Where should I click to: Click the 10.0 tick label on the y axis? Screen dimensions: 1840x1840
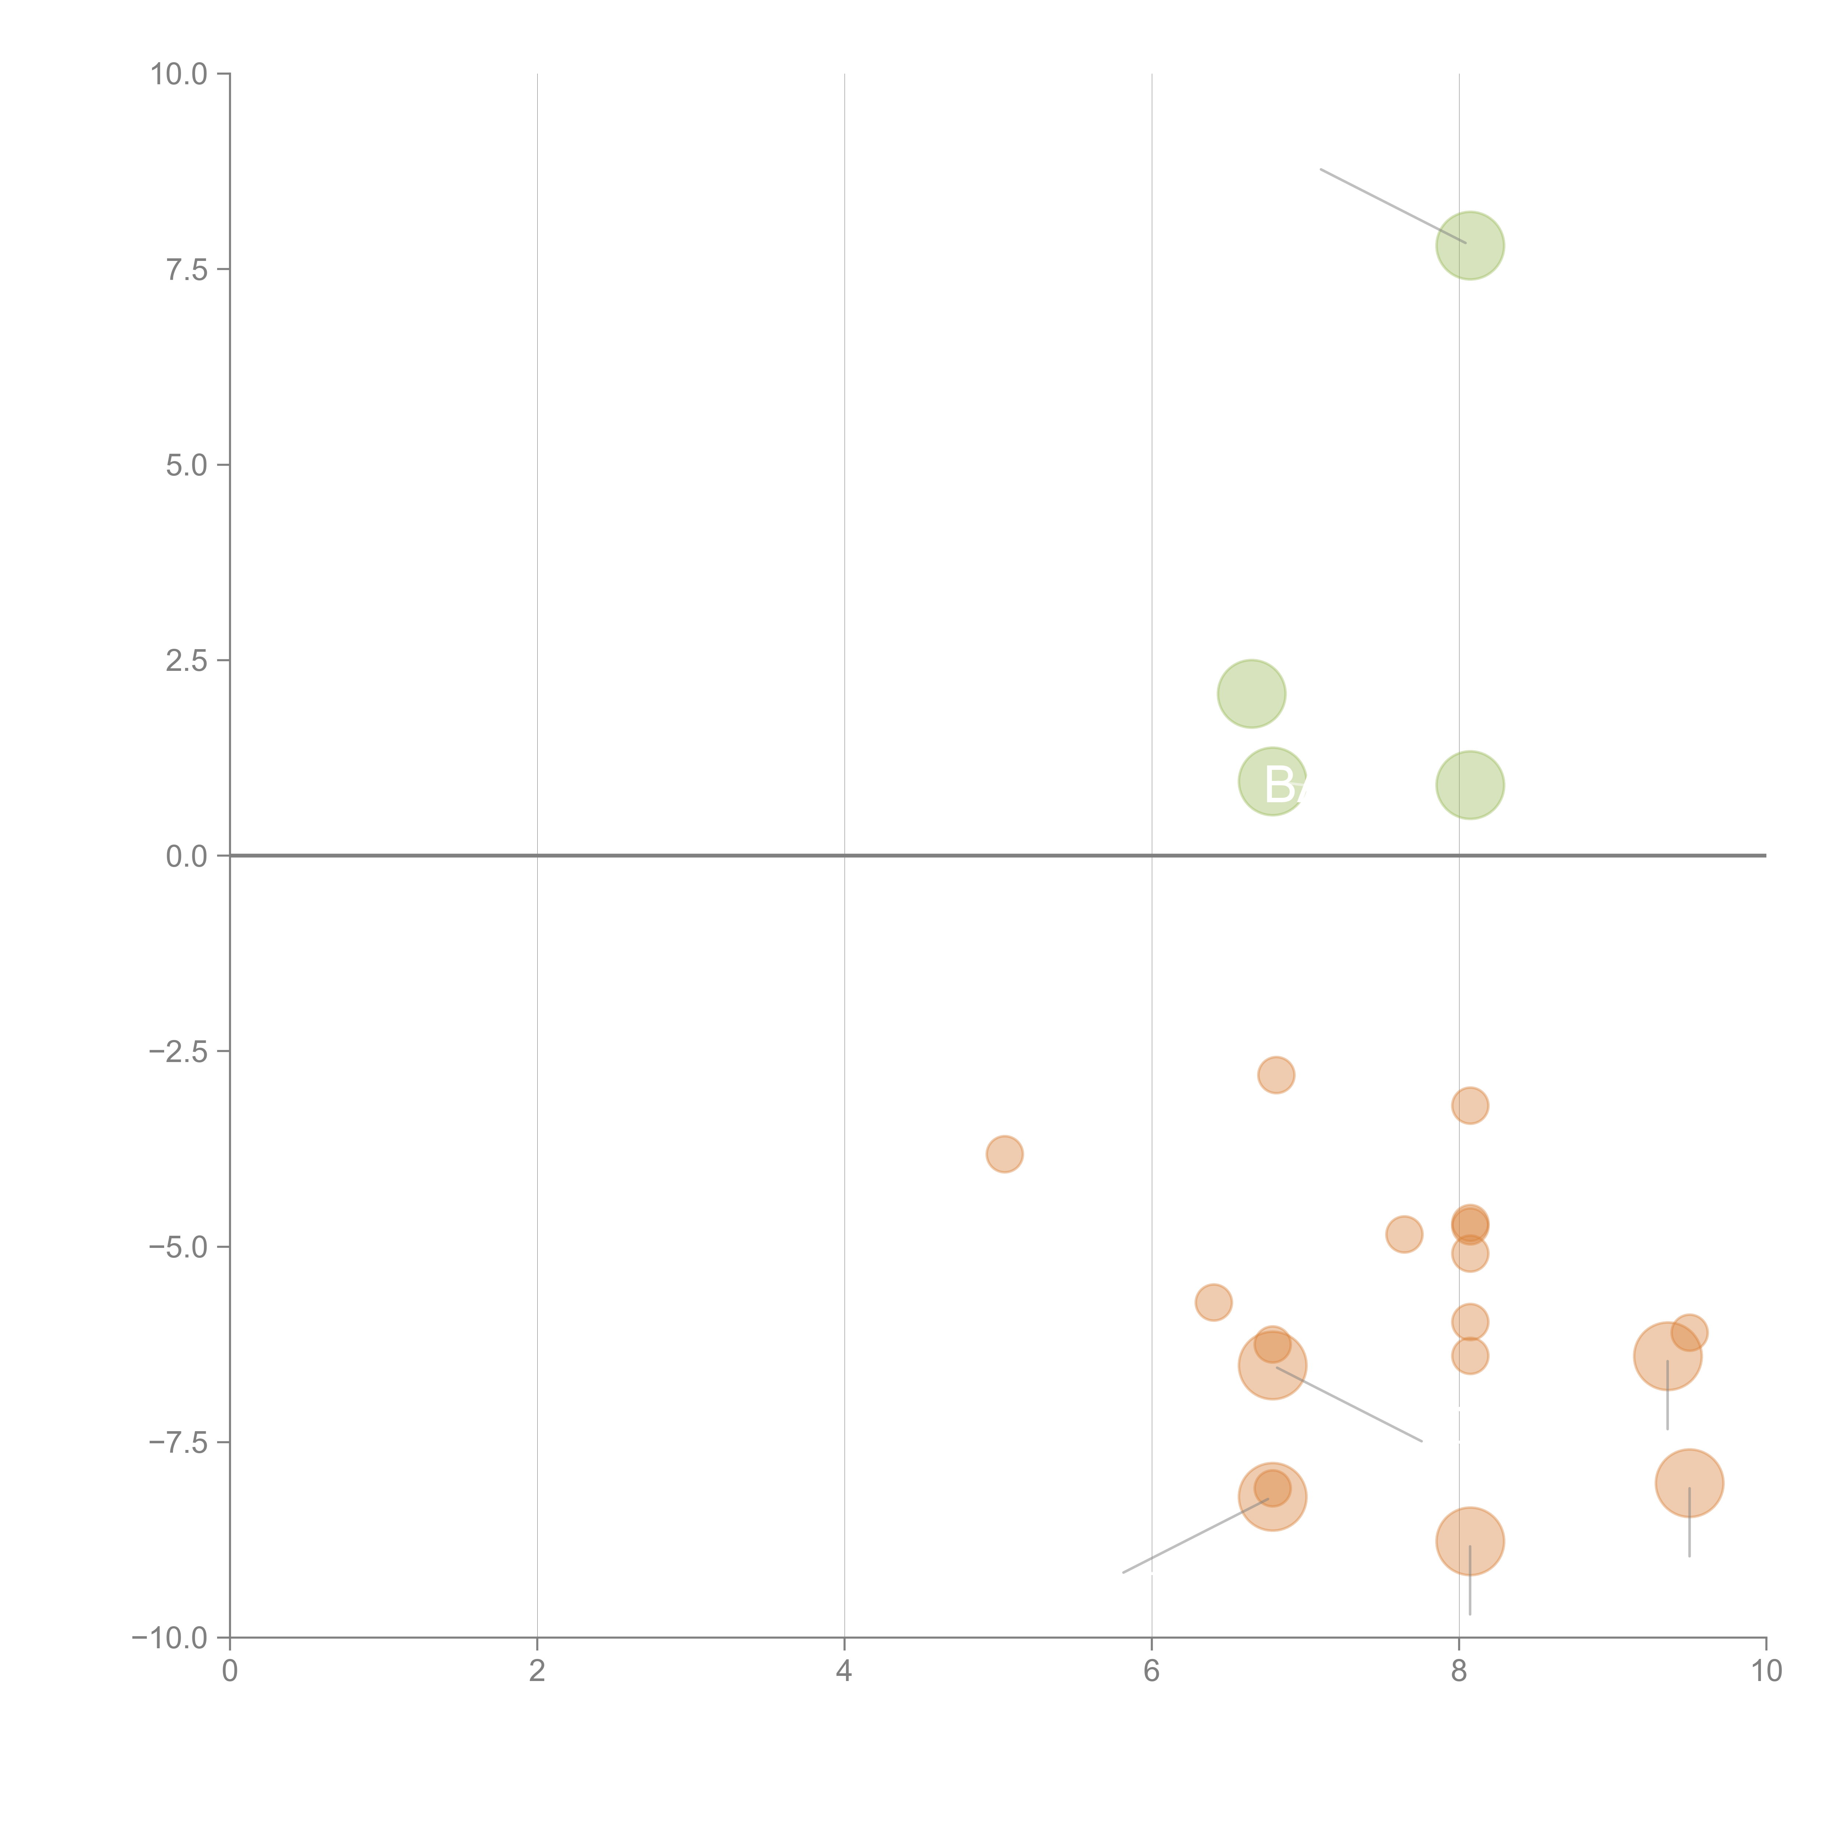[x=179, y=74]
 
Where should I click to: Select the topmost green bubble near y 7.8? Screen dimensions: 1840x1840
[x=1469, y=246]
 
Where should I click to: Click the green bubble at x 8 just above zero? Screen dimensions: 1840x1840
[x=1469, y=785]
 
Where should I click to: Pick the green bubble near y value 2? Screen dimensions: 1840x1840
[x=1252, y=693]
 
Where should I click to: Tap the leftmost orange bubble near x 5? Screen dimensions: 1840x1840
[x=1005, y=1154]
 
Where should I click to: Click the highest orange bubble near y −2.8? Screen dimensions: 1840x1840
[x=1276, y=1075]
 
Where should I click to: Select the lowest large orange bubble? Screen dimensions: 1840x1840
[x=1469, y=1541]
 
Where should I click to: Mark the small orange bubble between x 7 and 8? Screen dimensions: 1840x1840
[x=1404, y=1234]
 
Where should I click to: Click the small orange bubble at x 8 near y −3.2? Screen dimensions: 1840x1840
[x=1469, y=1106]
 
